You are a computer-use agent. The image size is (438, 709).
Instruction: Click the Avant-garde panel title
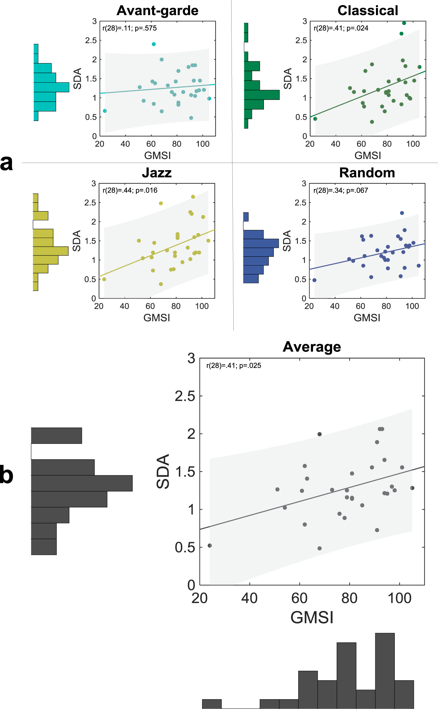(157, 11)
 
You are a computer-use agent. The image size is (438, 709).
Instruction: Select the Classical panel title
(368, 11)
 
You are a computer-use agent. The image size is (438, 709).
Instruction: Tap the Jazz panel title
(156, 173)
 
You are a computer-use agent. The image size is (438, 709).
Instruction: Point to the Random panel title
(367, 173)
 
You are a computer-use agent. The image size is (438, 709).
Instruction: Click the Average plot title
(312, 347)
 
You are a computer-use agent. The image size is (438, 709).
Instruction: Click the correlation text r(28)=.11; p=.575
(129, 28)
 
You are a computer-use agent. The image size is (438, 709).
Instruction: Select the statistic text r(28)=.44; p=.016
(130, 191)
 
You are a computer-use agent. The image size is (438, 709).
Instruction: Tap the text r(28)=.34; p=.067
(340, 191)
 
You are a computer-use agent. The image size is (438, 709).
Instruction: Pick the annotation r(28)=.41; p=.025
(233, 366)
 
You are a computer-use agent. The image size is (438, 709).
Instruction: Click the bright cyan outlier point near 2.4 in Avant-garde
(154, 44)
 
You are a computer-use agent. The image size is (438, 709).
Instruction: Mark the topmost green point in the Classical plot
(404, 23)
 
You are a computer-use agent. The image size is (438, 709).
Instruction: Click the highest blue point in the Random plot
(402, 213)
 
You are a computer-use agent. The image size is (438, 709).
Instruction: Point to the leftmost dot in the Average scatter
(210, 546)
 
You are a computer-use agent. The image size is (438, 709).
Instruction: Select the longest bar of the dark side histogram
(82, 483)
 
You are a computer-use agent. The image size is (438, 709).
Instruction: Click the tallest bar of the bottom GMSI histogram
(385, 671)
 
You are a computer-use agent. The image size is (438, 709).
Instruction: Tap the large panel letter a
(6, 163)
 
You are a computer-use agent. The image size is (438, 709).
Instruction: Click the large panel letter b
(6, 475)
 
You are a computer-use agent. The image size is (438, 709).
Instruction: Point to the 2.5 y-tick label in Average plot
(185, 396)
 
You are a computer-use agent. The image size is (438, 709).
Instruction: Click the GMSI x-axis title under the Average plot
(312, 617)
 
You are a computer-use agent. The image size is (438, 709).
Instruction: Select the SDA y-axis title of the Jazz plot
(77, 241)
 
